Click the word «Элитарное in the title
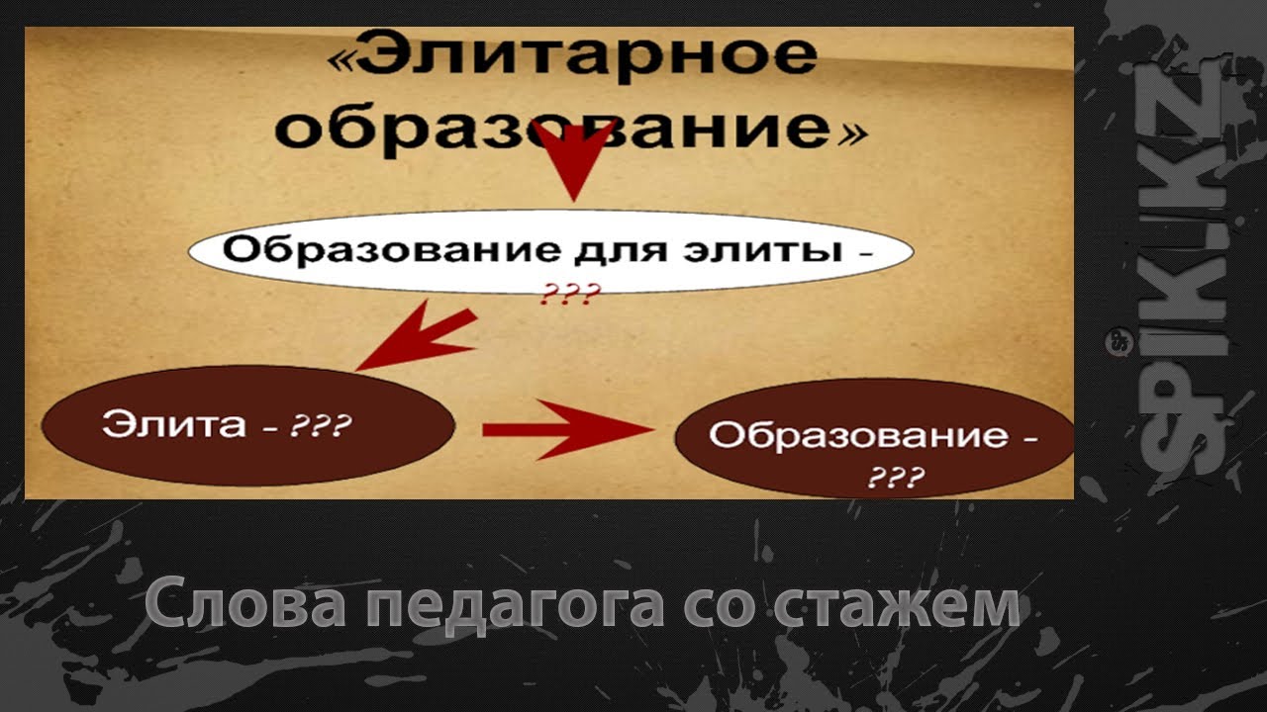pyautogui.click(x=572, y=57)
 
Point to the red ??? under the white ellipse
pyautogui.click(x=569, y=294)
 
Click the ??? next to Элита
pyautogui.click(x=321, y=425)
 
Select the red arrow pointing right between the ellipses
pyautogui.click(x=568, y=430)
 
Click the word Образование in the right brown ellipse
pyautogui.click(x=858, y=436)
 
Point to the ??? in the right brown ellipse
pyautogui.click(x=897, y=477)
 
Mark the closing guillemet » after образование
pyautogui.click(x=852, y=134)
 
